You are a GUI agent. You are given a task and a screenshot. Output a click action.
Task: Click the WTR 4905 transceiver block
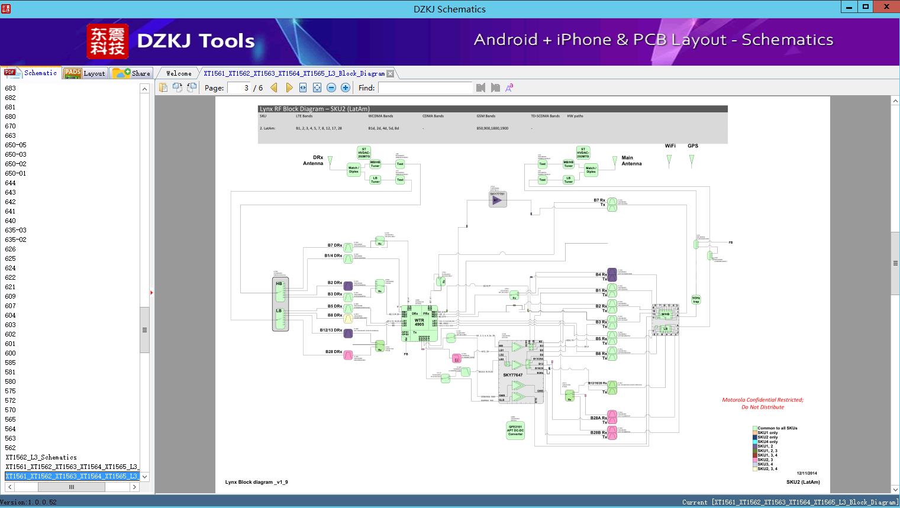coord(420,322)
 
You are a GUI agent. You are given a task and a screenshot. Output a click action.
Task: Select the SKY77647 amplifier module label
coord(512,375)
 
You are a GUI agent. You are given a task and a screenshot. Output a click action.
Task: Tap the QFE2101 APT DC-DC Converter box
coord(515,430)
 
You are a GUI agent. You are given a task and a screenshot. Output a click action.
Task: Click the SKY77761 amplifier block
coord(498,199)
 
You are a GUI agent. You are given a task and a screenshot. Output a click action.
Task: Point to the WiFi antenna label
coord(670,145)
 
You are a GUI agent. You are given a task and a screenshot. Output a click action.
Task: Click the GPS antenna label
coord(692,145)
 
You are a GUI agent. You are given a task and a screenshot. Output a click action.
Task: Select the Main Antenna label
coord(631,161)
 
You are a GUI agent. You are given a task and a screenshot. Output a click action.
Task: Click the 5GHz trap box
coord(696,300)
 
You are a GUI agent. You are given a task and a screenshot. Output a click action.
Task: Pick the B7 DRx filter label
coord(335,245)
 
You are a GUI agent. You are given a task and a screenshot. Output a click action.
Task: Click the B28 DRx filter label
coord(334,352)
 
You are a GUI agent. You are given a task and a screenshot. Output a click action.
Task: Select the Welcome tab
coord(179,73)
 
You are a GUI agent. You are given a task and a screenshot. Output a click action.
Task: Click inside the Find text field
coord(425,88)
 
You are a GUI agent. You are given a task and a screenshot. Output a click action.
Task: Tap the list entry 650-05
coord(16,145)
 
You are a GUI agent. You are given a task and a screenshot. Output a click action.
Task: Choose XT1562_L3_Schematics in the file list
coord(41,457)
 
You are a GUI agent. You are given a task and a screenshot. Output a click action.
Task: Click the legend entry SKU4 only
coord(767,442)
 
